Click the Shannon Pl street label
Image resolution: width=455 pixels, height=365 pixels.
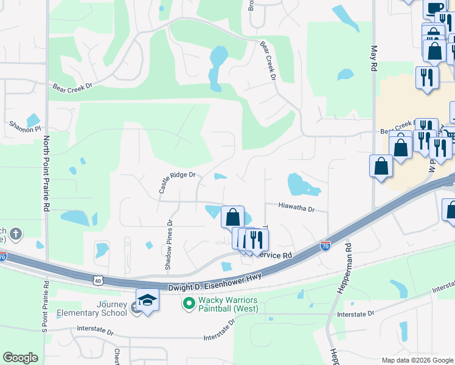(x=24, y=128)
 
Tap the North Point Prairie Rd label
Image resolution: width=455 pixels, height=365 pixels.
(x=46, y=173)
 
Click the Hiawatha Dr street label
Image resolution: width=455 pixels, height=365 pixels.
(x=297, y=209)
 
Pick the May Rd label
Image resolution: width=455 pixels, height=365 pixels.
(x=374, y=58)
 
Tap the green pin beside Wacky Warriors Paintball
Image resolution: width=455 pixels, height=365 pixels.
(x=189, y=302)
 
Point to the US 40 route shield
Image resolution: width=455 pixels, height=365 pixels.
(x=98, y=280)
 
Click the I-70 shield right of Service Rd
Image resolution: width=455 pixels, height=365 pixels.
(x=325, y=246)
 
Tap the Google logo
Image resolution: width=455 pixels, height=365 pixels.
(x=20, y=358)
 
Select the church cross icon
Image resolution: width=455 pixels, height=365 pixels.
(x=16, y=233)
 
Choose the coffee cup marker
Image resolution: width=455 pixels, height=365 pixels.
(x=434, y=9)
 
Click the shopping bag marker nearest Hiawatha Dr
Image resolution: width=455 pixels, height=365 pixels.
(x=232, y=216)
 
